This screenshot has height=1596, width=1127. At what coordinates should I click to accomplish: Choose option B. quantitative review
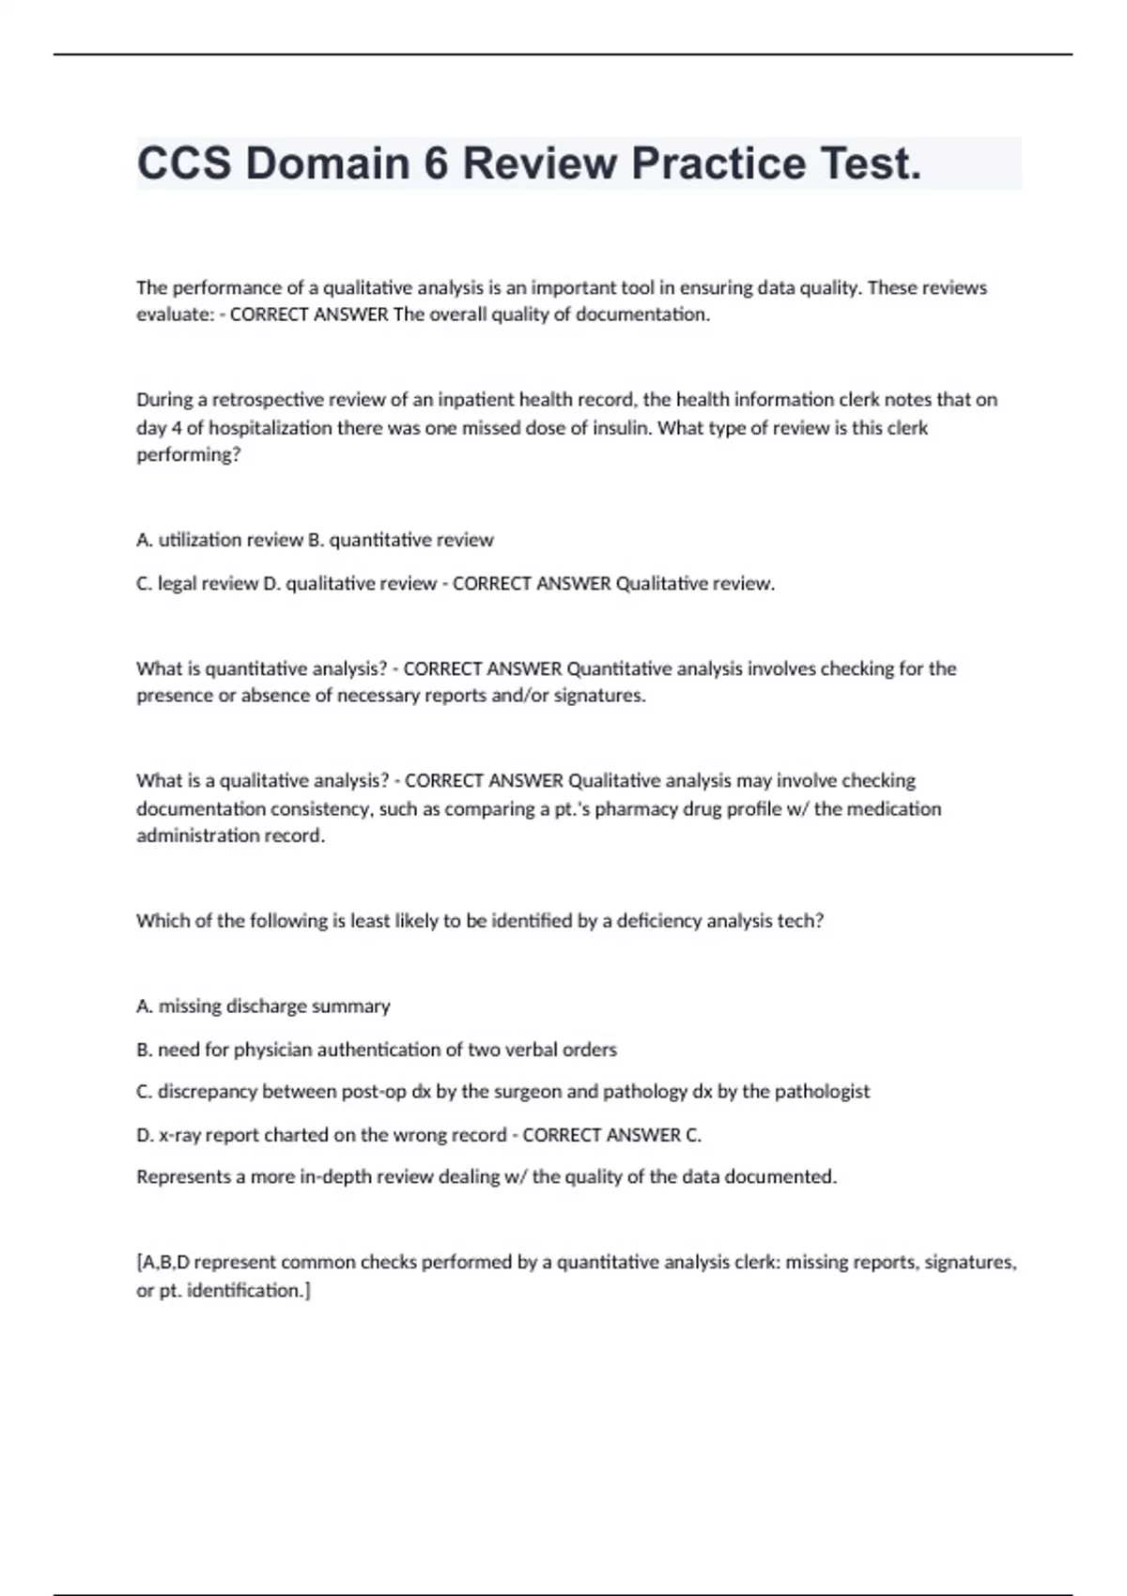point(401,540)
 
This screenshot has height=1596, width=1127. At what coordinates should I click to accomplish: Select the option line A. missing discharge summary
point(263,1006)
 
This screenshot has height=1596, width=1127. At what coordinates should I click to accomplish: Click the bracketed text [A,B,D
point(162,1263)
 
